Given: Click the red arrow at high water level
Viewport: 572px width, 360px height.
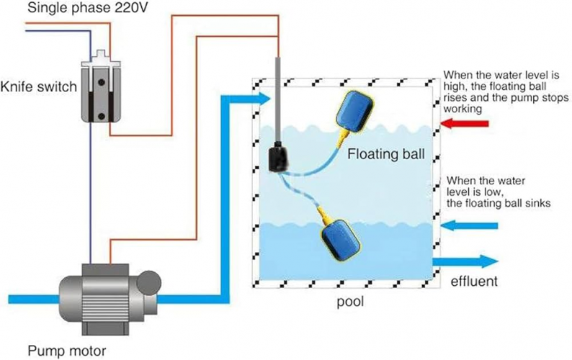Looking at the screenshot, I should click(x=468, y=125).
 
